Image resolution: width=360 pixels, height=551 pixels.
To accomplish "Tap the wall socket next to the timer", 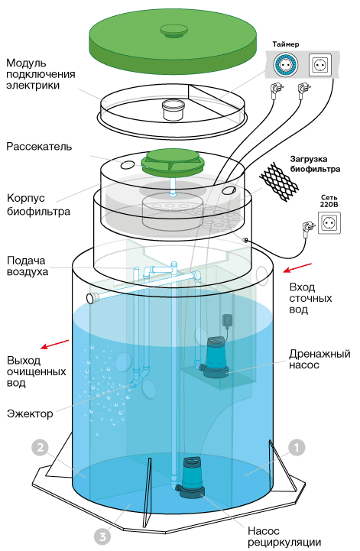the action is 320,65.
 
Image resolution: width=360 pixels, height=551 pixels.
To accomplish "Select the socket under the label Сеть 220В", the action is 329,222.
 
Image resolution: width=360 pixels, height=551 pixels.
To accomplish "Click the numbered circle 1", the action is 297,448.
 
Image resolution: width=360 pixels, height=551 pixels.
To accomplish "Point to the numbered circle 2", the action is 40,448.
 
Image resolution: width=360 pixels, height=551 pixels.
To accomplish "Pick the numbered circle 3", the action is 102,537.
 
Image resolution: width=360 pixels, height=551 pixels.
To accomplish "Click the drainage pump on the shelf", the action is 213,357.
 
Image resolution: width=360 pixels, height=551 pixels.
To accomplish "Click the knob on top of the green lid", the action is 173,31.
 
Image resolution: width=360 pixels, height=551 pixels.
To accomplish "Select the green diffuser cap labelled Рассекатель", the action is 172,162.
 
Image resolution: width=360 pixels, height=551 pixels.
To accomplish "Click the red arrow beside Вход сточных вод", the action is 298,267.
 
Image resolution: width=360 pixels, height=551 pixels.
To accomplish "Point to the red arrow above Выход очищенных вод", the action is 54,345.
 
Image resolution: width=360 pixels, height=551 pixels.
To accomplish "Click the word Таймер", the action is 286,44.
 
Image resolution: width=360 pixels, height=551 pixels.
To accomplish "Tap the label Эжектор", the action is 30,413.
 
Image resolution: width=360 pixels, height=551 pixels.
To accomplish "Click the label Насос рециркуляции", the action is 284,536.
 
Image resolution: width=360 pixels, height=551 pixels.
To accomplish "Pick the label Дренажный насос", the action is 319,358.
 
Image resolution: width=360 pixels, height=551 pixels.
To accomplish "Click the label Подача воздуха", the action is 28,266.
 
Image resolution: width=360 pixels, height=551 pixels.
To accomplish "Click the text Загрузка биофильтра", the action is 315,164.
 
